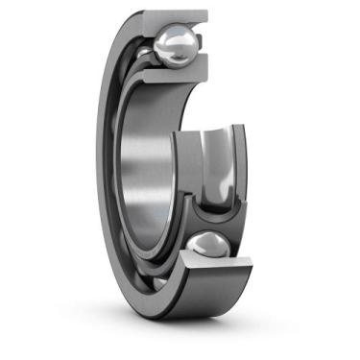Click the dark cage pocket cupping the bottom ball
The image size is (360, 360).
coord(206,216)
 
